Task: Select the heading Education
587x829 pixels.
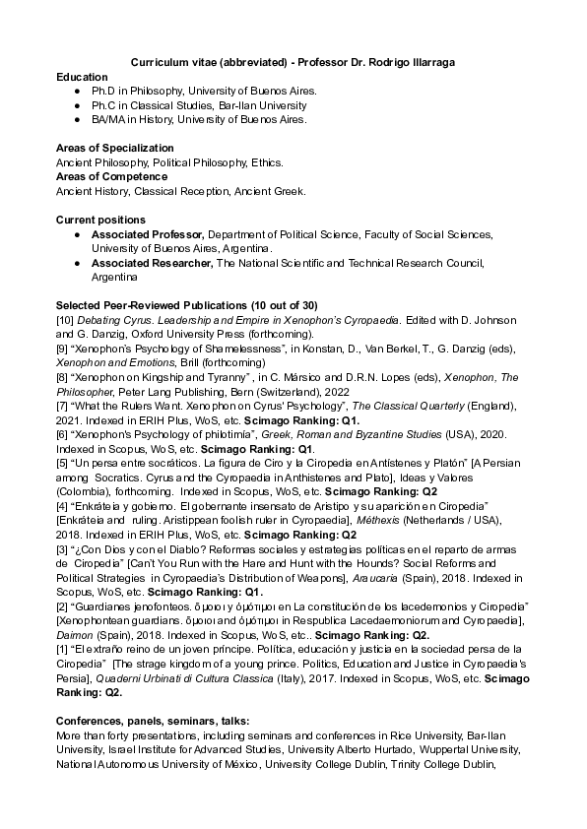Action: [x=82, y=76]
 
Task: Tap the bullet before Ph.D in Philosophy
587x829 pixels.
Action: [x=78, y=90]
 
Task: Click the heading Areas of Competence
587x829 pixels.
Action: [x=111, y=176]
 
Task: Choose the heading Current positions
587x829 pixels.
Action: [x=100, y=219]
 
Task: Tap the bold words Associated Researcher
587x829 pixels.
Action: [x=152, y=263]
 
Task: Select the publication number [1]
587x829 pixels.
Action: [x=64, y=649]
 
